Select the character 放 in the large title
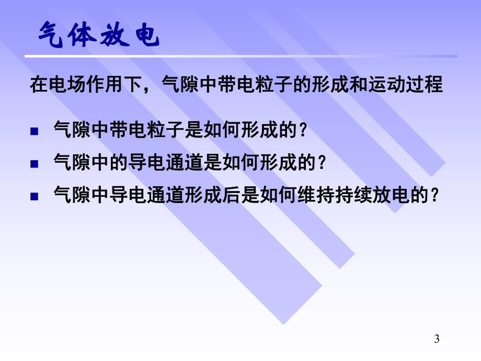[120, 38]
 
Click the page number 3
[437, 340]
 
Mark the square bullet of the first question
[34, 131]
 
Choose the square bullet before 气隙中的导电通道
[34, 164]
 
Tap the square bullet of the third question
[34, 197]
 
